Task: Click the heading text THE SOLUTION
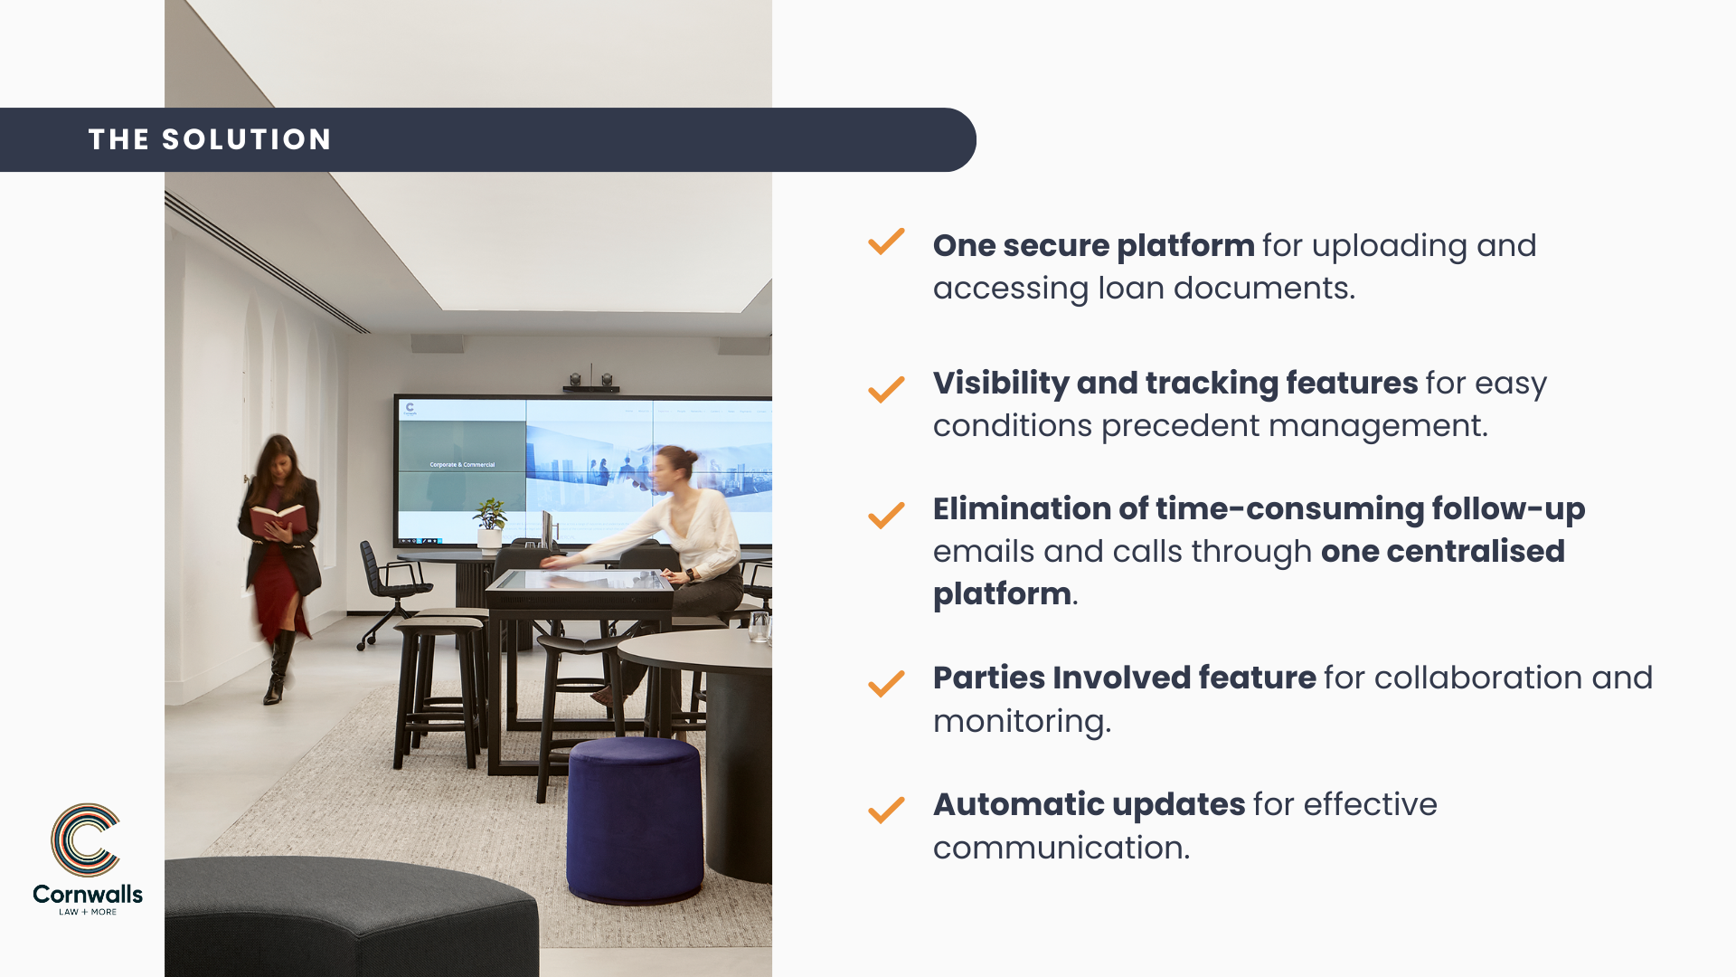click(x=210, y=139)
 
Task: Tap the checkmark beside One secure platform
click(x=886, y=242)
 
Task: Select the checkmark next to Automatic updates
click(x=886, y=809)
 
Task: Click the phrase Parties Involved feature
click(x=1124, y=678)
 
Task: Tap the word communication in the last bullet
click(x=1061, y=848)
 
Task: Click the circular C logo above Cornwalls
click(x=85, y=839)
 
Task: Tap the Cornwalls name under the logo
click(x=88, y=894)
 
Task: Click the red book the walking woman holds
click(x=277, y=520)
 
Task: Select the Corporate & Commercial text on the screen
click(x=462, y=465)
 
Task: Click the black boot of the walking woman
click(x=278, y=668)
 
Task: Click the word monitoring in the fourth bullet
click(x=1022, y=722)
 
